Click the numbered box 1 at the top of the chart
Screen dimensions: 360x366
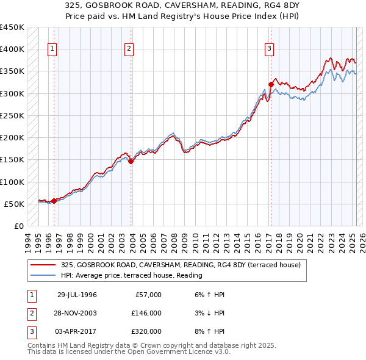(52, 50)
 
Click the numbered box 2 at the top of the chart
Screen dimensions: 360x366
(129, 50)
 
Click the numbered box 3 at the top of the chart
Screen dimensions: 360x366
(269, 50)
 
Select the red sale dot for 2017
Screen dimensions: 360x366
(271, 84)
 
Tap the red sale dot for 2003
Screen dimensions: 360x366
(131, 161)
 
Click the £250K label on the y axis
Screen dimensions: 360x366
(12, 115)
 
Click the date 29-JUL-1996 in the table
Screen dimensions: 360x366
(77, 295)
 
